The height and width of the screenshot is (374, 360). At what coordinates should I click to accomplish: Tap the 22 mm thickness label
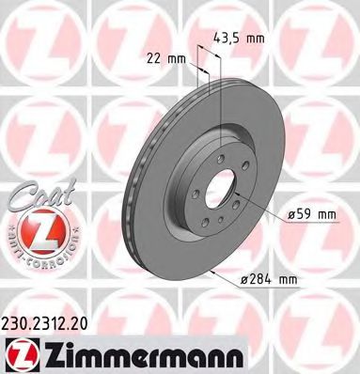tap(167, 59)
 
